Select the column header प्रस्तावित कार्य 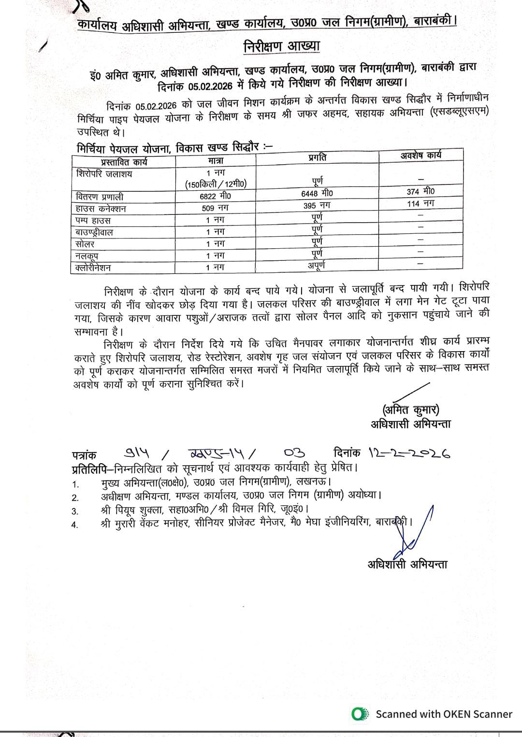tap(124, 162)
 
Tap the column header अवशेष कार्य tap(420, 155)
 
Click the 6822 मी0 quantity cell tap(216, 196)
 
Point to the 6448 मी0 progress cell tap(317, 193)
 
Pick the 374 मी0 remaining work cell tap(420, 191)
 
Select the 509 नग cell tap(216, 208)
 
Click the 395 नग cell tap(317, 205)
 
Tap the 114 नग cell tap(420, 203)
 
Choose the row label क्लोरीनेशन tap(93, 268)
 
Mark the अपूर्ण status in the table tap(317, 265)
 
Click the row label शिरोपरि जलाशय tap(104, 173)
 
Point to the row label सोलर tap(85, 244)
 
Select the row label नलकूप tap(87, 256)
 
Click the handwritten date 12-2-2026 tap(409, 453)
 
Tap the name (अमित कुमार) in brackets tap(411, 410)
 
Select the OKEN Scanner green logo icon tap(358, 714)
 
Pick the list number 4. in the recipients tap(75, 525)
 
